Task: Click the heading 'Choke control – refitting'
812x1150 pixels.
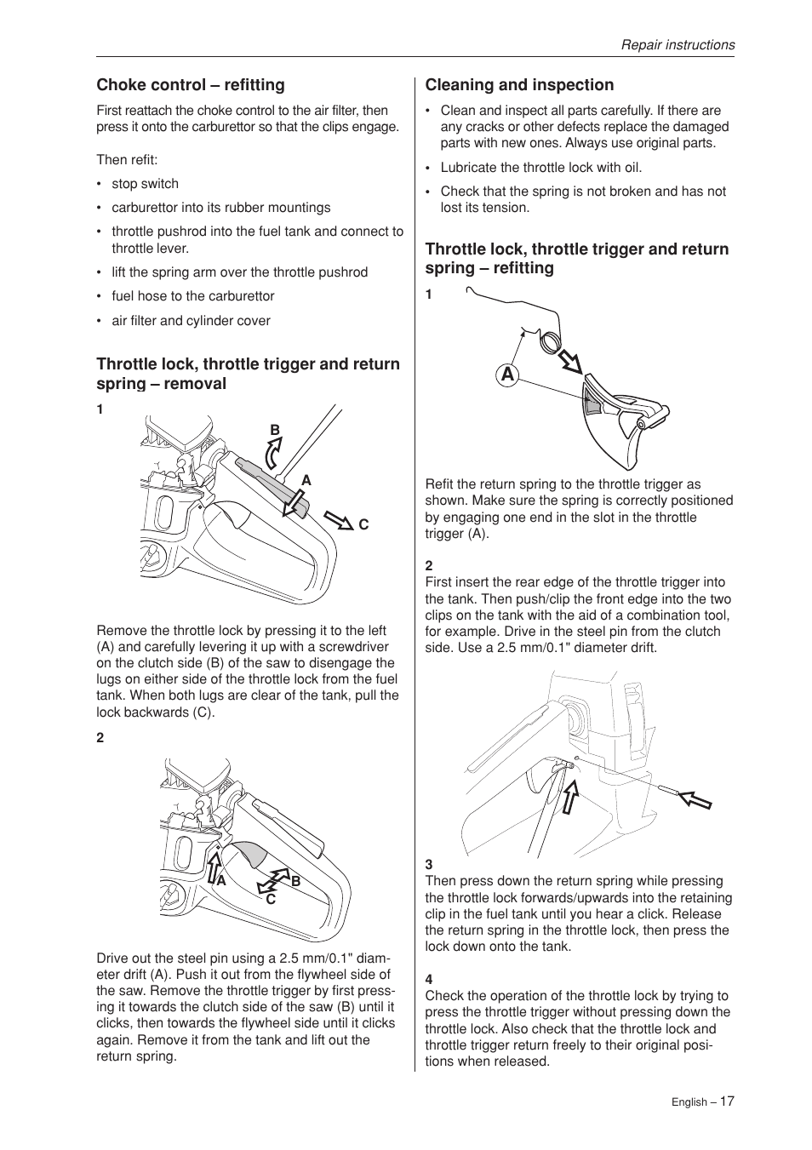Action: pos(191,85)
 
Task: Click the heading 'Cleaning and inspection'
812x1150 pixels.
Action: pos(519,85)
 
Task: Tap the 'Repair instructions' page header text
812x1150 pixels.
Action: pos(677,45)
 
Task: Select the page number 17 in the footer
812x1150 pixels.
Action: pos(726,1101)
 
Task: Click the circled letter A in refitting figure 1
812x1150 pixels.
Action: pos(508,375)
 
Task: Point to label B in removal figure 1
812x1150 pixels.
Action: pos(275,431)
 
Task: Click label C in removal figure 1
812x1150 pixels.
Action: pos(363,525)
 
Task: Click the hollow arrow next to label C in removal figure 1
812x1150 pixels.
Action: pos(339,519)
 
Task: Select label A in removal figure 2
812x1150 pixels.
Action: pos(220,882)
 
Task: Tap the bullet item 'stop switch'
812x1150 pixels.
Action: pos(145,184)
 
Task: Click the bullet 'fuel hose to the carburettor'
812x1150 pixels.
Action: pos(192,296)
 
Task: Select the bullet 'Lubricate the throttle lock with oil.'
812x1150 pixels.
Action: pos(540,168)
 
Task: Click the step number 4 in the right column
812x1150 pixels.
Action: pos(429,980)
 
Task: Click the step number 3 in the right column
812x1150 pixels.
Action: pos(429,865)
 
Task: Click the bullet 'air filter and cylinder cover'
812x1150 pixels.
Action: pos(191,321)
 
